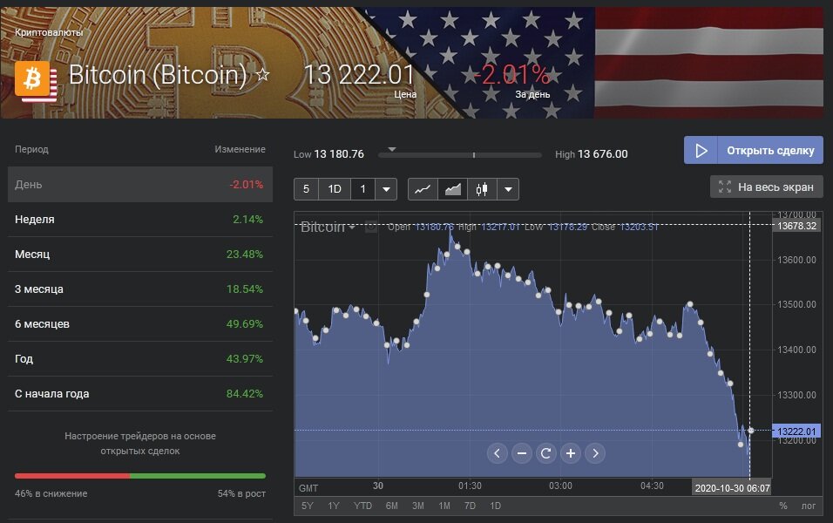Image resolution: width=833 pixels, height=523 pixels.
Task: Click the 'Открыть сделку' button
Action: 753,150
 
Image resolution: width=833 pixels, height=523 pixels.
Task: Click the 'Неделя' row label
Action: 35,220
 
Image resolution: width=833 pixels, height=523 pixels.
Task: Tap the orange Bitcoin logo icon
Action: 34,80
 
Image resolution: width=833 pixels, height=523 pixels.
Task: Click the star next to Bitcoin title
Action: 262,76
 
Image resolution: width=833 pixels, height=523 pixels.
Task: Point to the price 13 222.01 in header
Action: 359,75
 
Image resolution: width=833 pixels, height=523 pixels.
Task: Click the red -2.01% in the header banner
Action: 512,75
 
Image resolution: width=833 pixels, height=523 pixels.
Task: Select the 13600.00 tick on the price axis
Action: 797,260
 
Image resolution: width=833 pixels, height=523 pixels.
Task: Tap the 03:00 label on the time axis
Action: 560,486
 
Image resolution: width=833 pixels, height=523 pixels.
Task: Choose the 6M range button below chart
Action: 392,506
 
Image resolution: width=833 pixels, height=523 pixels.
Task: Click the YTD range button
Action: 362,506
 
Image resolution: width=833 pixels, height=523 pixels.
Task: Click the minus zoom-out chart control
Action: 522,453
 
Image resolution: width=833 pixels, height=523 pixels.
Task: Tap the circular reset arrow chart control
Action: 546,453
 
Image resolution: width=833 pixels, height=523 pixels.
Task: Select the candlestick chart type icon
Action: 481,189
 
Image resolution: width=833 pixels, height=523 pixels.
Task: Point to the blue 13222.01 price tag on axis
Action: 796,431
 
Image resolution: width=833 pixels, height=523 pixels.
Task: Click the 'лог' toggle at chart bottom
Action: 809,506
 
